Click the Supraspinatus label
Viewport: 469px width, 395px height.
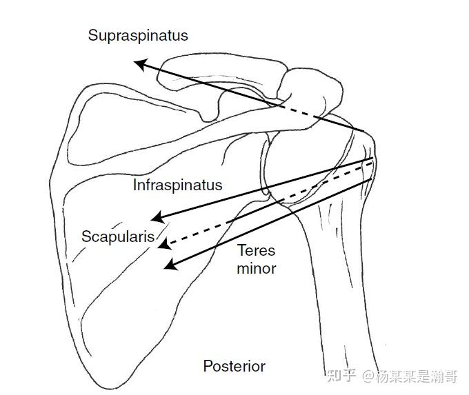pyautogui.click(x=138, y=36)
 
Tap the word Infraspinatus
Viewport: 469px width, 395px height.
pyautogui.click(x=178, y=185)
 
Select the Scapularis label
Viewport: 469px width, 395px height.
pyautogui.click(x=118, y=236)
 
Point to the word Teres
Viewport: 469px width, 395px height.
pyautogui.click(x=256, y=251)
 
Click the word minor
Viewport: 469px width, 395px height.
pyautogui.click(x=256, y=268)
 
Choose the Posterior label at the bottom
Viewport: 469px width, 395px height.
pyautogui.click(x=234, y=366)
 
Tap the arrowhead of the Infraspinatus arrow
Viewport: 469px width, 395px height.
pyautogui.click(x=156, y=219)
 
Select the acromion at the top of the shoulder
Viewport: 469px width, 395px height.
pyautogui.click(x=310, y=86)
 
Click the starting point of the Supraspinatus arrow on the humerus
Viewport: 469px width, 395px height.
pyautogui.click(x=364, y=131)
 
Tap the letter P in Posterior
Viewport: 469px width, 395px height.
pyautogui.click(x=207, y=366)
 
